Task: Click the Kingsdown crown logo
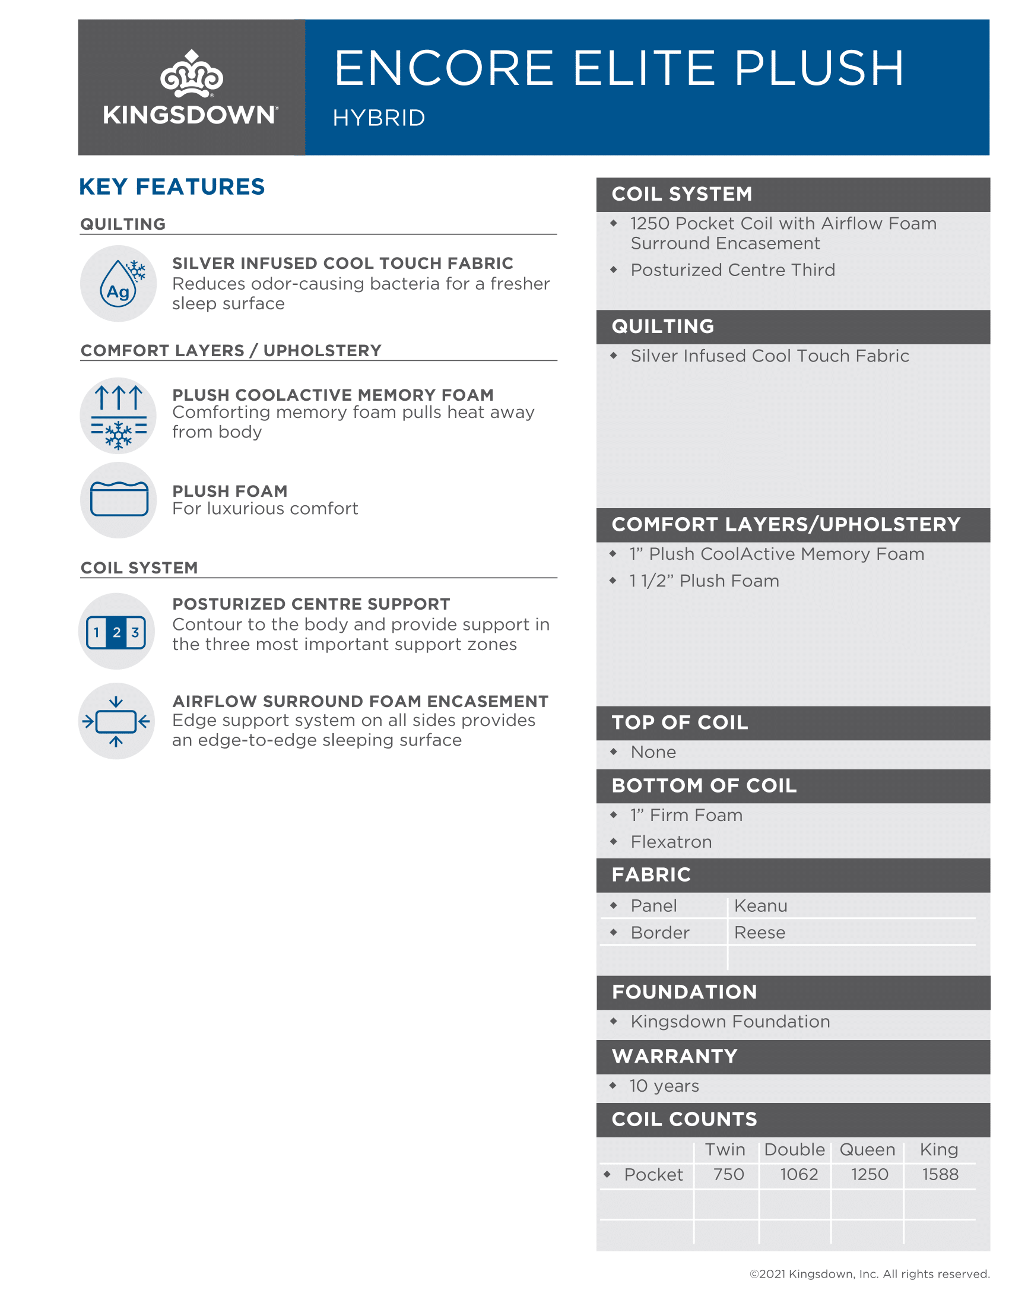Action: [x=191, y=74]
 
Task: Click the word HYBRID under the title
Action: [x=379, y=118]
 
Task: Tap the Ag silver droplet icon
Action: [x=119, y=283]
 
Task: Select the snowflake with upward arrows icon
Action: [x=119, y=416]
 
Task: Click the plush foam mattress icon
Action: [x=119, y=499]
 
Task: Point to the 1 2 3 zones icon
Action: [x=116, y=632]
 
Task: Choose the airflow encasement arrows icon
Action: [x=116, y=721]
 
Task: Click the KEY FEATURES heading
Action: [x=172, y=186]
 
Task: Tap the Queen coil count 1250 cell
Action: [x=869, y=1174]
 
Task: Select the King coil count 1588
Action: [x=940, y=1174]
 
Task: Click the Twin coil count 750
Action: [x=728, y=1174]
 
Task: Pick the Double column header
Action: [x=794, y=1149]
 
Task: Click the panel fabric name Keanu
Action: [x=760, y=906]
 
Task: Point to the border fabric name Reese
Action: [x=759, y=932]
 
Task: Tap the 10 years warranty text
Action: [x=664, y=1086]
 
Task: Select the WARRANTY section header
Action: [x=674, y=1056]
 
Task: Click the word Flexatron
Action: [x=671, y=842]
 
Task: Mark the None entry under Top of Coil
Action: [x=653, y=752]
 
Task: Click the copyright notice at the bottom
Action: [x=869, y=1274]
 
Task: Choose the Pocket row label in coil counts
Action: [x=653, y=1174]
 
